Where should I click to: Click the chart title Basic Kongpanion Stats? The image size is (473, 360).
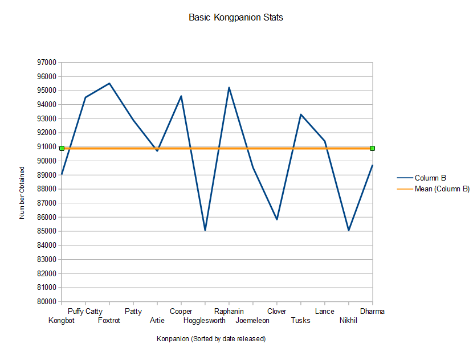click(x=235, y=18)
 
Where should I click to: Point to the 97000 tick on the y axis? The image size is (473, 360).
click(x=47, y=63)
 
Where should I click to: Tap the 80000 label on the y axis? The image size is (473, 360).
click(x=47, y=301)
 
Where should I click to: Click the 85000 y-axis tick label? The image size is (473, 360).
click(x=47, y=231)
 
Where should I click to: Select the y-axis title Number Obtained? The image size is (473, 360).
click(x=22, y=193)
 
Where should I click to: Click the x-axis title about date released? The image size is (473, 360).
click(x=211, y=339)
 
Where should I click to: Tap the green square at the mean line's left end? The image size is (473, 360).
click(x=62, y=148)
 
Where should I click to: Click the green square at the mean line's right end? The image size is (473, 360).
click(x=373, y=148)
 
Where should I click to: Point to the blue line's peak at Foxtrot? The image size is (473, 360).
click(x=109, y=83)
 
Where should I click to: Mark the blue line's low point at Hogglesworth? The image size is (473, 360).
click(x=205, y=230)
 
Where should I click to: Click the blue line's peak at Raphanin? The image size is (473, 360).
click(x=229, y=88)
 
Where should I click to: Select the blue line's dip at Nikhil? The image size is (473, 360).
click(x=349, y=230)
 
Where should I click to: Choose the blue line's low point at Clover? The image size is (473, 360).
click(x=277, y=219)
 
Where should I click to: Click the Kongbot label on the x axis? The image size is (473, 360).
click(x=62, y=321)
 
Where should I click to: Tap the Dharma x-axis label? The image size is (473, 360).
click(x=372, y=311)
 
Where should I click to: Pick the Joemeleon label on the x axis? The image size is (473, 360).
click(x=252, y=321)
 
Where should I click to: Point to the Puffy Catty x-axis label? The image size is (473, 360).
click(x=85, y=312)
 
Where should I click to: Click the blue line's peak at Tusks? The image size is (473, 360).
click(x=301, y=114)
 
